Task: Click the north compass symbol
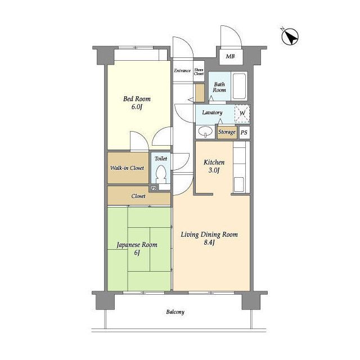tap(290, 37)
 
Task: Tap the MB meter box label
tap(231, 56)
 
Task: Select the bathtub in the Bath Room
tap(239, 86)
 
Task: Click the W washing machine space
tap(242, 114)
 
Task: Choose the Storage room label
tap(227, 132)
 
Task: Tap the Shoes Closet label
tap(199, 71)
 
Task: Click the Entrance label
tap(182, 71)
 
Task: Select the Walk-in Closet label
tap(127, 168)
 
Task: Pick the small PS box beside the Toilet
tap(154, 188)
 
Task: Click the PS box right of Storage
tap(244, 133)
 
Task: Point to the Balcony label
tap(175, 312)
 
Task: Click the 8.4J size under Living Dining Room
tap(209, 242)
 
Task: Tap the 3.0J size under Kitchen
tap(214, 170)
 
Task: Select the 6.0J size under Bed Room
tap(137, 107)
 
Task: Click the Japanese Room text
tap(137, 245)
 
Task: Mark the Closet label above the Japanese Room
tap(138, 196)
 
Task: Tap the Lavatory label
tap(212, 112)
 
